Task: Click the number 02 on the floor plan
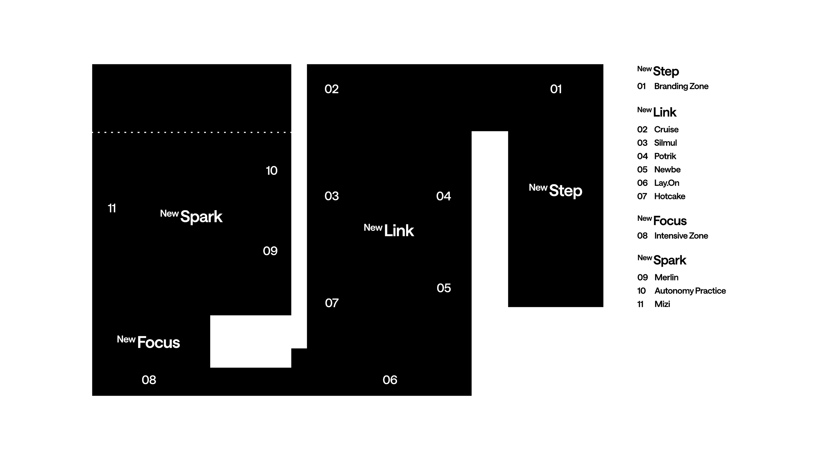(331, 89)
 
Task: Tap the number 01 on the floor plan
(556, 89)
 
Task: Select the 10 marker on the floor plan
(272, 171)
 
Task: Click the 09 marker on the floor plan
(270, 251)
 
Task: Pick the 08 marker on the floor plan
(149, 380)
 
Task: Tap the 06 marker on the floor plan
(390, 380)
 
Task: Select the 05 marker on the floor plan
(444, 288)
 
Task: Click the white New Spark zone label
(191, 216)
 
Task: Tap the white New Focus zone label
(148, 342)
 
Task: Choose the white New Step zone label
(555, 191)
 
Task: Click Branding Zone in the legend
(681, 86)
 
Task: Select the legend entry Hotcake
(669, 196)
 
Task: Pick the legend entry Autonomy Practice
(690, 291)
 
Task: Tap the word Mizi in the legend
(662, 304)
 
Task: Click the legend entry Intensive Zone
(681, 236)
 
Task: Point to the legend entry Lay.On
(667, 183)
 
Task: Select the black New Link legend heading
(657, 112)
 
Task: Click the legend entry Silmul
(665, 143)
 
